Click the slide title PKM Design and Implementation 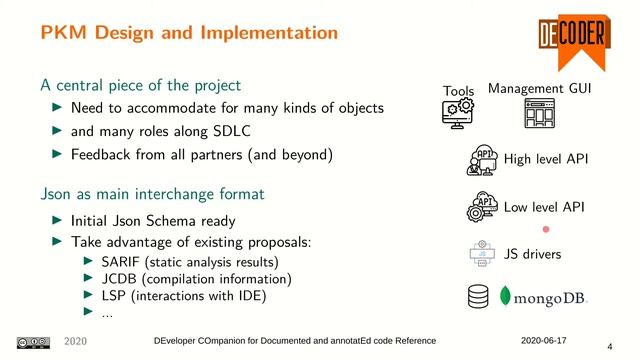pyautogui.click(x=189, y=32)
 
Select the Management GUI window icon pyautogui.click(x=539, y=114)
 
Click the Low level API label pyautogui.click(x=544, y=207)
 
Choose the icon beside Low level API pyautogui.click(x=483, y=207)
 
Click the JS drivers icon pyautogui.click(x=483, y=254)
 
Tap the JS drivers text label pyautogui.click(x=533, y=254)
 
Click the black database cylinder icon pyautogui.click(x=480, y=297)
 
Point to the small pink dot pyautogui.click(x=546, y=229)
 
